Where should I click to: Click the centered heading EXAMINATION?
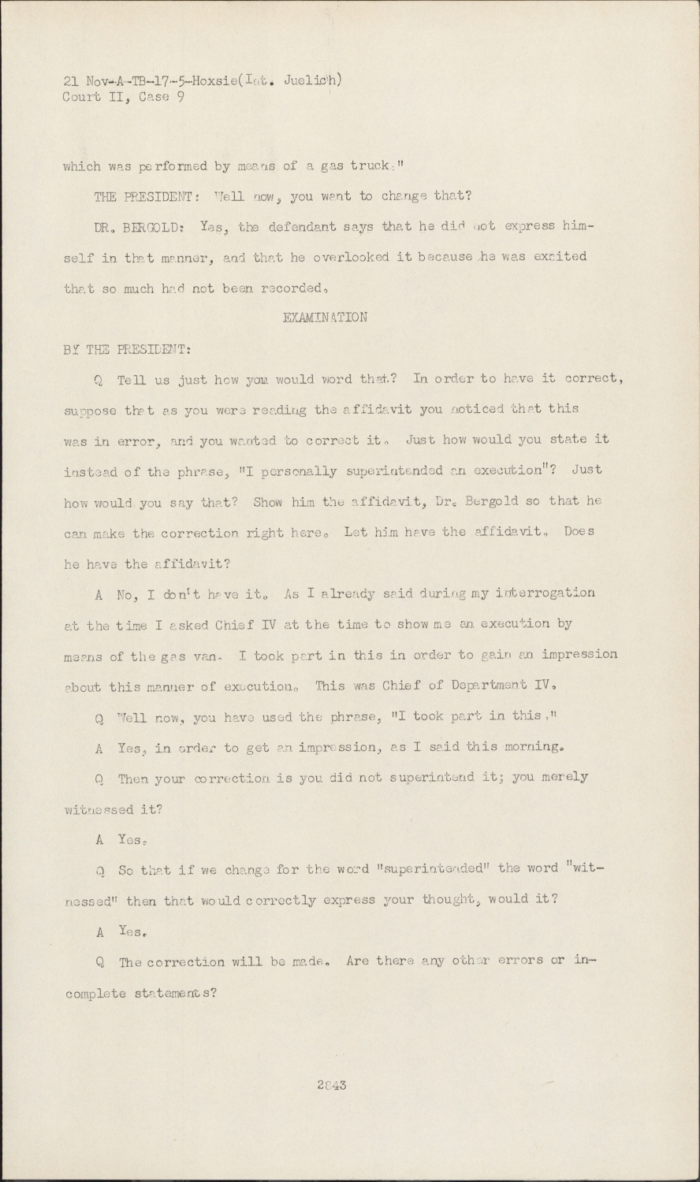pos(324,318)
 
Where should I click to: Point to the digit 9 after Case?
pos(181,98)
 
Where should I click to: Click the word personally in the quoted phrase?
pos(302,471)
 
